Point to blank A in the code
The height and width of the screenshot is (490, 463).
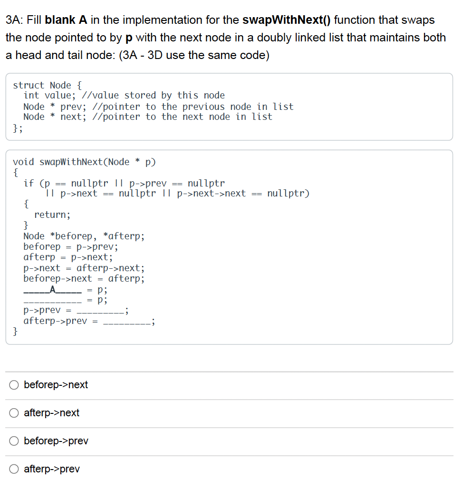coord(53,289)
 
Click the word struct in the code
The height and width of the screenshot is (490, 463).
coord(29,85)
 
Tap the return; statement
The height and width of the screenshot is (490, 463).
coord(52,215)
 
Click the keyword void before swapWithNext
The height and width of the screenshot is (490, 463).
coord(23,162)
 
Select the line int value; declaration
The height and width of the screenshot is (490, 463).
coord(49,96)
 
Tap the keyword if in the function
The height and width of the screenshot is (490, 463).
coord(29,183)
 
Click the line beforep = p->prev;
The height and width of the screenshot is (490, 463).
coord(71,246)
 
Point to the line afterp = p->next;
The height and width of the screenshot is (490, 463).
coord(68,257)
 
